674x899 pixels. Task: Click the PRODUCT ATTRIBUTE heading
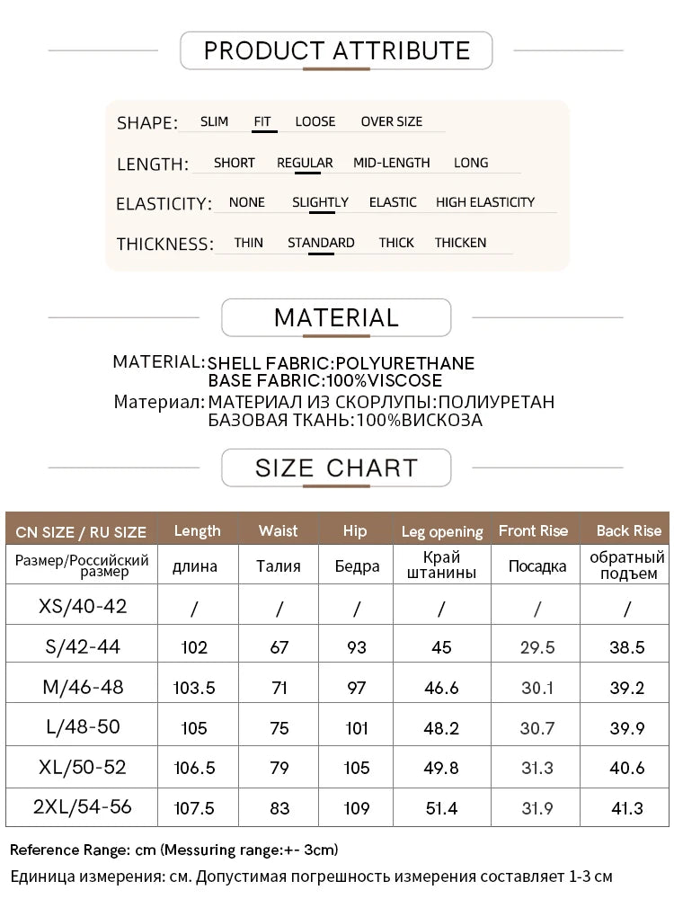coord(336,50)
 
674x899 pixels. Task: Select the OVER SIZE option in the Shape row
coord(391,121)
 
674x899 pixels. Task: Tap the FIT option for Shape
coord(262,121)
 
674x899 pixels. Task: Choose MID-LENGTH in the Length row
coord(391,163)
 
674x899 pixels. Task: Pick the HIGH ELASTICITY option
coord(485,202)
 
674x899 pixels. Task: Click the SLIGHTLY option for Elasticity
coord(320,202)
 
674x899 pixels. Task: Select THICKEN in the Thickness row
coord(460,243)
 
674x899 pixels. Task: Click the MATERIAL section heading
coord(336,317)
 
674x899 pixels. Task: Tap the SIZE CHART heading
coord(336,468)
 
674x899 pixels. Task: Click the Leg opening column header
coord(442,531)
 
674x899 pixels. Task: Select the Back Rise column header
coord(629,530)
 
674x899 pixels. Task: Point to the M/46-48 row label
coord(83,687)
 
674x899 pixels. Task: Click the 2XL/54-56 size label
coord(83,807)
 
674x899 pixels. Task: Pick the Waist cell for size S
coord(279,647)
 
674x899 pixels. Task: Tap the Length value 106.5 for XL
coord(194,768)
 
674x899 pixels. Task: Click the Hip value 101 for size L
coord(357,727)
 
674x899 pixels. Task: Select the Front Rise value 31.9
coord(537,808)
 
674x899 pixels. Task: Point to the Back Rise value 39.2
coord(628,687)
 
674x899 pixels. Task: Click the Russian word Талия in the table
coord(279,566)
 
